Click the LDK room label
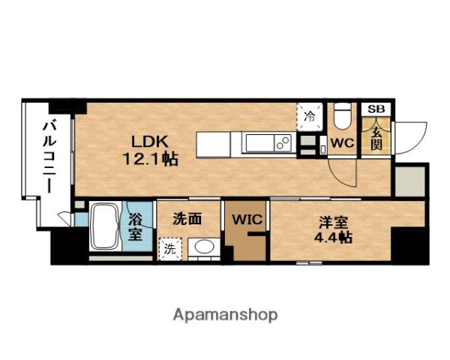(x=149, y=142)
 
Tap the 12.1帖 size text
(x=151, y=159)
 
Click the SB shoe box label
(x=376, y=109)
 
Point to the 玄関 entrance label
(x=376, y=138)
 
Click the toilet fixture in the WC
(x=343, y=116)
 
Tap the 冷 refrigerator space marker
(x=310, y=116)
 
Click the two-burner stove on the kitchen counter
(x=283, y=142)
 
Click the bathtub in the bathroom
(x=105, y=226)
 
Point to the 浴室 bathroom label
(x=135, y=227)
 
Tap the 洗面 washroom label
(x=187, y=219)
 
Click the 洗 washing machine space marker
(x=170, y=248)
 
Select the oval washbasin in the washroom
(x=204, y=247)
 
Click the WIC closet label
(x=247, y=220)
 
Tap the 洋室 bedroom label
(x=334, y=222)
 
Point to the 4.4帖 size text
(x=334, y=237)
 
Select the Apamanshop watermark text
(x=225, y=315)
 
